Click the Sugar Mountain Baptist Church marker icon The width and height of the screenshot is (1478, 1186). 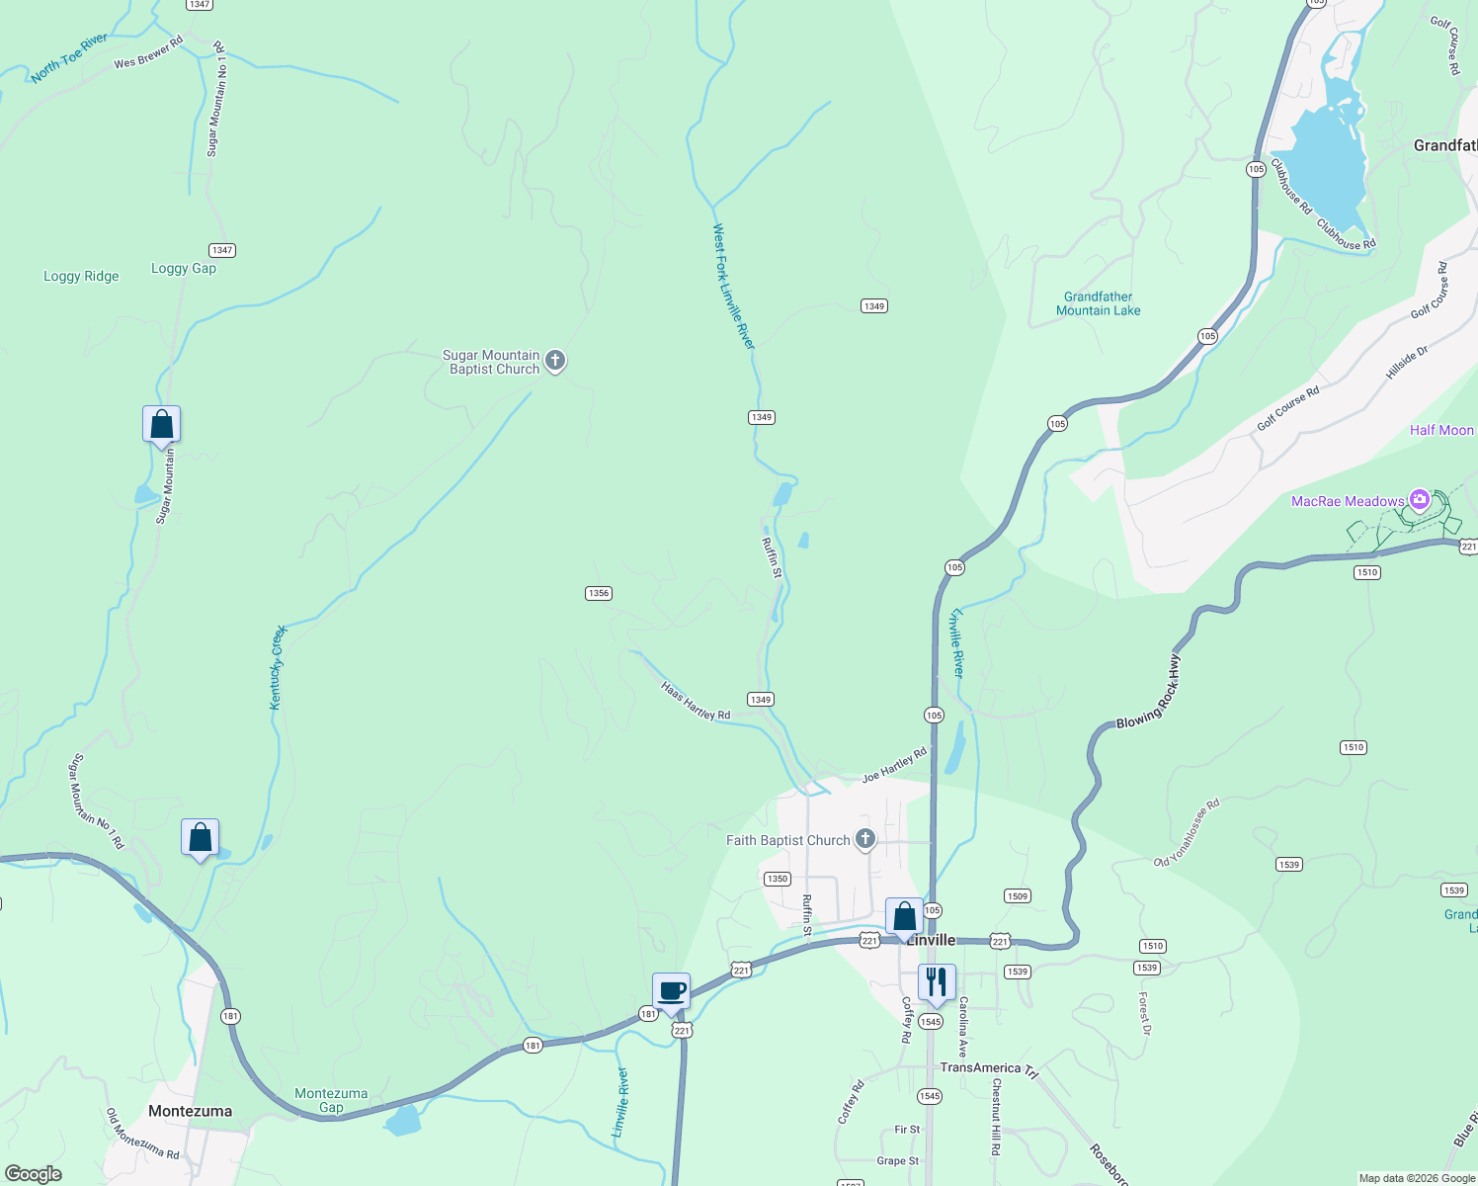click(x=555, y=361)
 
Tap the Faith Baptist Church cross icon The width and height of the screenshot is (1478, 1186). click(x=865, y=840)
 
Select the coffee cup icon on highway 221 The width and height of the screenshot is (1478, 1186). click(x=671, y=991)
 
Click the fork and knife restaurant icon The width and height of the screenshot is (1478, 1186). click(x=937, y=982)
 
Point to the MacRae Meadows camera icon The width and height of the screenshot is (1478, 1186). click(x=1420, y=500)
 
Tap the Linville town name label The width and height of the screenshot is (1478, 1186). click(x=931, y=940)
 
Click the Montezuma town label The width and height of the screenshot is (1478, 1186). click(x=190, y=1111)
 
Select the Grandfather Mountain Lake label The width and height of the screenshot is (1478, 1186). click(x=1098, y=303)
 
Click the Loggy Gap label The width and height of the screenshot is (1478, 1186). click(x=184, y=268)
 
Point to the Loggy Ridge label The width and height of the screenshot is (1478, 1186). click(x=81, y=277)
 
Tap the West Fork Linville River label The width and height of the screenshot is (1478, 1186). click(x=733, y=286)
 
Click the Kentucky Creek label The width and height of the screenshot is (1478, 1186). click(x=278, y=667)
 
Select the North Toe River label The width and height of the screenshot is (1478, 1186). click(x=69, y=58)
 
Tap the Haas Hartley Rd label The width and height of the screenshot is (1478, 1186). click(x=696, y=701)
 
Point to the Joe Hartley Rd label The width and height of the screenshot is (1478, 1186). click(x=894, y=765)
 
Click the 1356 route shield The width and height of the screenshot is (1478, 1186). click(x=599, y=593)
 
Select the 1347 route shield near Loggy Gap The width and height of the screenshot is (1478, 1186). click(x=222, y=250)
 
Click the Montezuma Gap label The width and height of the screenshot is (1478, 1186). click(x=331, y=1100)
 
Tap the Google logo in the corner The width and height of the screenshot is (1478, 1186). click(x=34, y=1174)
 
